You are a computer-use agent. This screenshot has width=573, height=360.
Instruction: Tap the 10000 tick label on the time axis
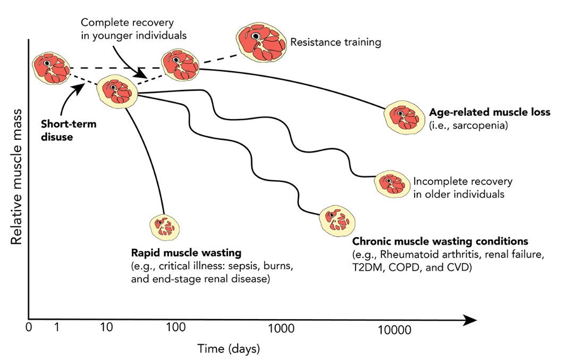click(x=394, y=330)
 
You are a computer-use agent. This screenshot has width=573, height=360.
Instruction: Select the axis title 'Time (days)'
click(x=229, y=349)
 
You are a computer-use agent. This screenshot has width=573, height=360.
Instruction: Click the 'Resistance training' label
click(x=335, y=42)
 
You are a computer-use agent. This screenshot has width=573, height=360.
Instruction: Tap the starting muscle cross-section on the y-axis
click(x=50, y=68)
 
